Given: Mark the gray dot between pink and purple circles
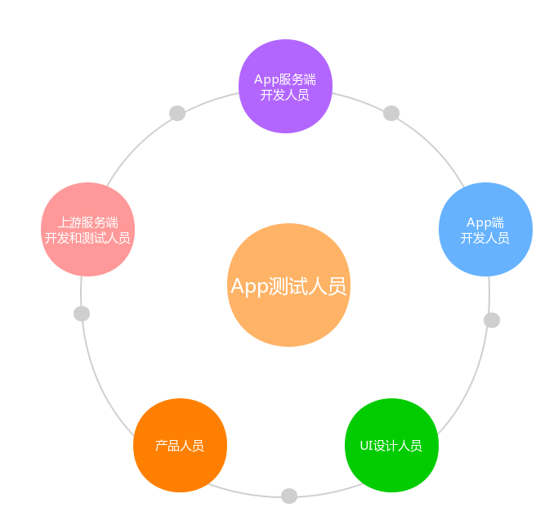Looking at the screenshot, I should [177, 113].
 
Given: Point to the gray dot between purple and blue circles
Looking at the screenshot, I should [391, 113].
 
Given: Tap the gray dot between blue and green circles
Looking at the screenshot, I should [492, 320].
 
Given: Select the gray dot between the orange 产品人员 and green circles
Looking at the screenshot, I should [289, 496].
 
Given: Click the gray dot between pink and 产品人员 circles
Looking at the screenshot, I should [82, 313].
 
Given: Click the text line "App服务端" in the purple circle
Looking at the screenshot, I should [285, 79].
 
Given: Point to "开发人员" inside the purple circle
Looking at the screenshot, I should [285, 95].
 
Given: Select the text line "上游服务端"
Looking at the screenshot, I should [87, 222].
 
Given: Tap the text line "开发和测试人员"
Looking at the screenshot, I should [87, 238].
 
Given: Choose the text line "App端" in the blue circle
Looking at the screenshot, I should [485, 222].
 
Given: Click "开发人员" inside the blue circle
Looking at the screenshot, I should [485, 238].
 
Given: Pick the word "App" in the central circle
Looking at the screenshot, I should [248, 286].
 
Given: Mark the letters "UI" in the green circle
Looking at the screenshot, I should [366, 446].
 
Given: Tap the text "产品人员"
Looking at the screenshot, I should [180, 446].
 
